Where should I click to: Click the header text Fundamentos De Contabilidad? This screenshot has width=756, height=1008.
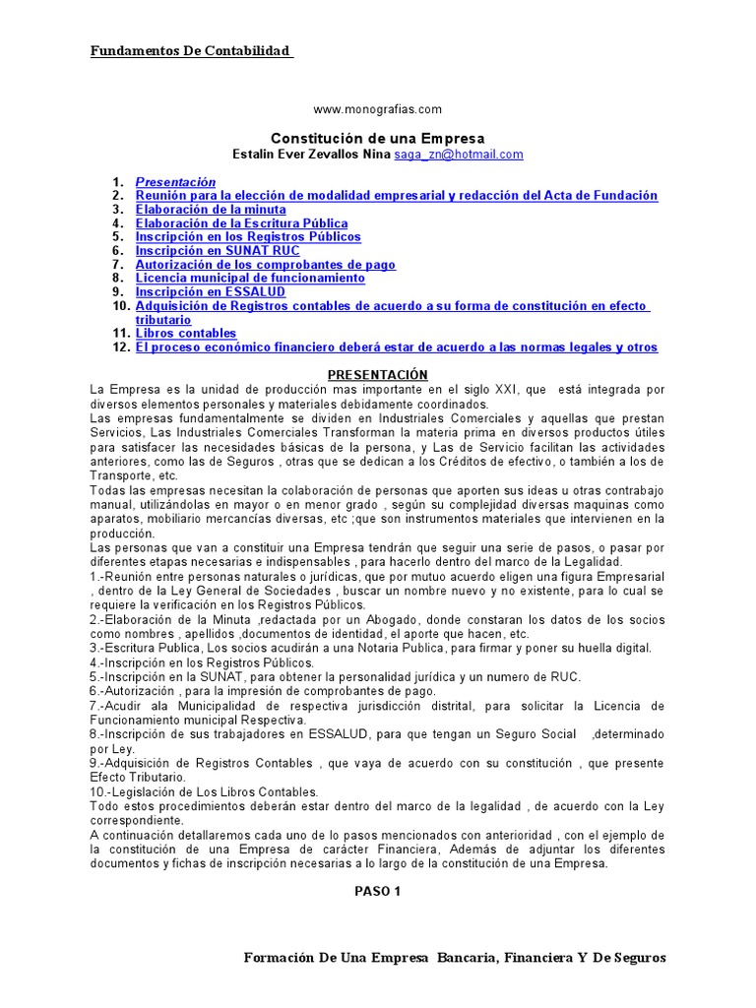192,51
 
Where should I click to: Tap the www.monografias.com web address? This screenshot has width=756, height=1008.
377,109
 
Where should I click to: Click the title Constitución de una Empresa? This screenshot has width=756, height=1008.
378,139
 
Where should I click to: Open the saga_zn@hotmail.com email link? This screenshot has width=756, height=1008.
458,155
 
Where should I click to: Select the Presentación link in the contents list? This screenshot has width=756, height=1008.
175,182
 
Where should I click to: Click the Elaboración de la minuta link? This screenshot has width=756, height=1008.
211,210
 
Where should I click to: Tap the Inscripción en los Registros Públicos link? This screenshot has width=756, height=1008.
248,237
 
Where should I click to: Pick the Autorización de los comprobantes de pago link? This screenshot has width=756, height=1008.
265,265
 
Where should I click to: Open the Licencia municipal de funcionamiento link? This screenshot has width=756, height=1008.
250,279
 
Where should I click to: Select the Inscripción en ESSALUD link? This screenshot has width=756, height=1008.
210,292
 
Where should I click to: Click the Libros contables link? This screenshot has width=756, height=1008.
186,334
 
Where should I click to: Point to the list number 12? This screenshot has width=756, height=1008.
120,347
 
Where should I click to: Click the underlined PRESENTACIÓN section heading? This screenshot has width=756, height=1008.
378,375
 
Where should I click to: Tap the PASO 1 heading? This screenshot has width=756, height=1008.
378,892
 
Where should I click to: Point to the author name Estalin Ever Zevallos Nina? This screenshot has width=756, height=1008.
310,155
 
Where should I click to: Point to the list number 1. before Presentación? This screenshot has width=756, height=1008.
118,182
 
